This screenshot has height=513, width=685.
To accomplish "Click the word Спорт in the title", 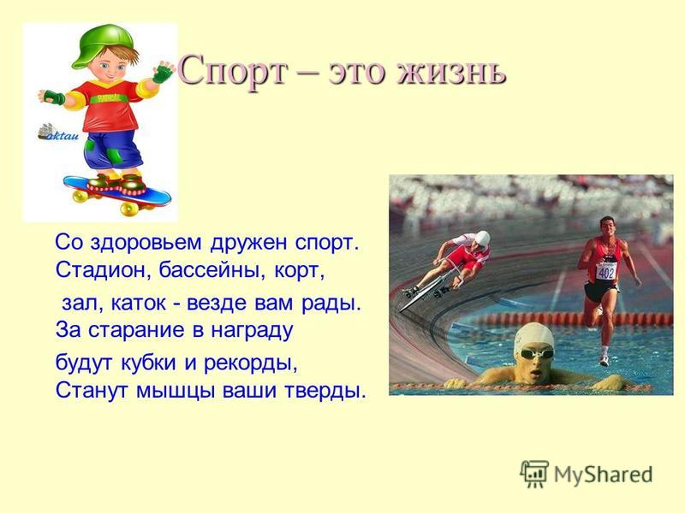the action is click(x=233, y=71).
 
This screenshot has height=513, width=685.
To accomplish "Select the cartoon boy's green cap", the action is click(x=104, y=45).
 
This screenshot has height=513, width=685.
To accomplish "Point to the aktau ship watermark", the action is click(x=58, y=132).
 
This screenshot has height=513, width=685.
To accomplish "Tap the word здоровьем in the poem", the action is click(x=146, y=243).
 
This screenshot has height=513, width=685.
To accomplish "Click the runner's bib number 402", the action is click(x=606, y=272).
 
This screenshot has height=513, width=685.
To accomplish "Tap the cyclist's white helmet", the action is click(x=482, y=239).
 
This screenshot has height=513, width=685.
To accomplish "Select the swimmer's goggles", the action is click(x=536, y=353).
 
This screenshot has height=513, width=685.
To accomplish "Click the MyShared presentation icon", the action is click(x=533, y=474).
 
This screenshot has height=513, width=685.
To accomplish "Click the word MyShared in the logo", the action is click(x=604, y=475).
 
